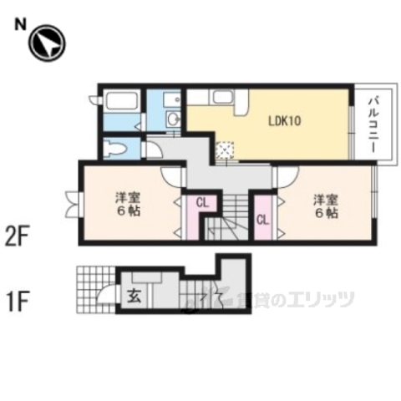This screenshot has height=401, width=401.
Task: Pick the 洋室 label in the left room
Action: (x=128, y=198)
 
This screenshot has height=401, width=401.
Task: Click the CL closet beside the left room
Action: (x=201, y=203)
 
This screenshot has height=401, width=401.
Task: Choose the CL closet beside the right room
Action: (x=262, y=221)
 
